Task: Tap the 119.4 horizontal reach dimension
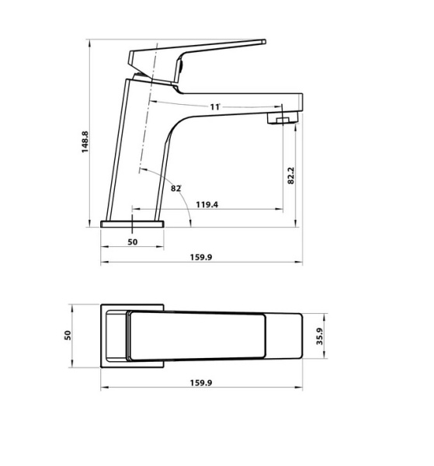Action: pyautogui.click(x=206, y=205)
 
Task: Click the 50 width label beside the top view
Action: pyautogui.click(x=68, y=336)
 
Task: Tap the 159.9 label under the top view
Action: pyautogui.click(x=200, y=382)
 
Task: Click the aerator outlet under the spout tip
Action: pyautogui.click(x=282, y=119)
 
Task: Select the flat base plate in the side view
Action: pyautogui.click(x=134, y=224)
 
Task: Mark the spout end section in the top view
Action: pyautogui.click(x=285, y=335)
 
